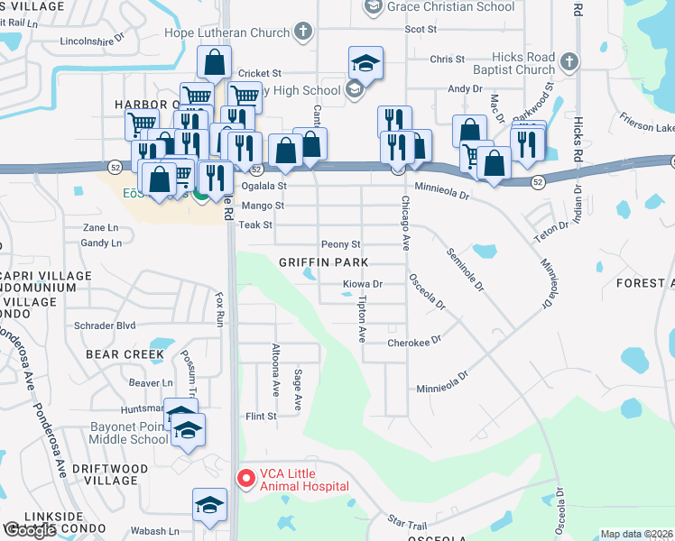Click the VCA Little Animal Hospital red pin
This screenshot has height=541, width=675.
(x=243, y=479)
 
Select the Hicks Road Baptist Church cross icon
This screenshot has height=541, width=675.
(x=569, y=62)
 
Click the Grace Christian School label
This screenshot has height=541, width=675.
(x=450, y=6)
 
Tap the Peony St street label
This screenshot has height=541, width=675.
(x=340, y=244)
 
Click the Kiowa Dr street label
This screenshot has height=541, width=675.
(x=363, y=284)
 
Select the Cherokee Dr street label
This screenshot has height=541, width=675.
(x=413, y=342)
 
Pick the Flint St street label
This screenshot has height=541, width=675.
(x=260, y=417)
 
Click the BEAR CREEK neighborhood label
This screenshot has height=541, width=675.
(x=125, y=354)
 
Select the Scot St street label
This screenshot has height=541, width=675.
(x=421, y=29)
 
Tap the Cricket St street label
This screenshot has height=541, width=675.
(x=260, y=73)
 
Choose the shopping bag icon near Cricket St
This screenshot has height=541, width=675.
(x=215, y=63)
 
